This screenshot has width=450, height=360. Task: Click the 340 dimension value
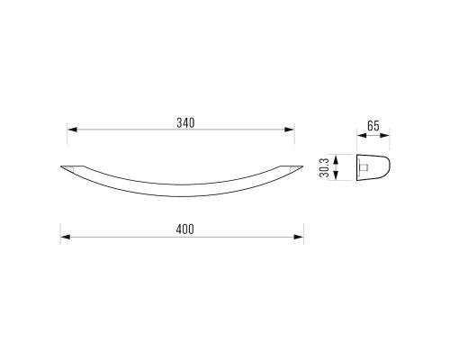pos(185,123)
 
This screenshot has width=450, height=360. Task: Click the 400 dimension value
pos(185,229)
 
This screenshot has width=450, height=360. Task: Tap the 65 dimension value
pos(373,126)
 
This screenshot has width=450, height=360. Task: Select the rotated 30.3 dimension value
pos(324,167)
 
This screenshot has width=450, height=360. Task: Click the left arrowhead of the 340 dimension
pos(72,130)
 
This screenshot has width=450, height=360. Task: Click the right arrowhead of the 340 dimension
pos(289,130)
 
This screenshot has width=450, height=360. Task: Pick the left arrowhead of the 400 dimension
pos(66,237)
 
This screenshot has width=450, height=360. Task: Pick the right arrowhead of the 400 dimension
pos(299,237)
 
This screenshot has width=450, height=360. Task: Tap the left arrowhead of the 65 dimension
pos(362,135)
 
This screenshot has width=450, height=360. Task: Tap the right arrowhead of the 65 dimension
pos(384,135)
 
